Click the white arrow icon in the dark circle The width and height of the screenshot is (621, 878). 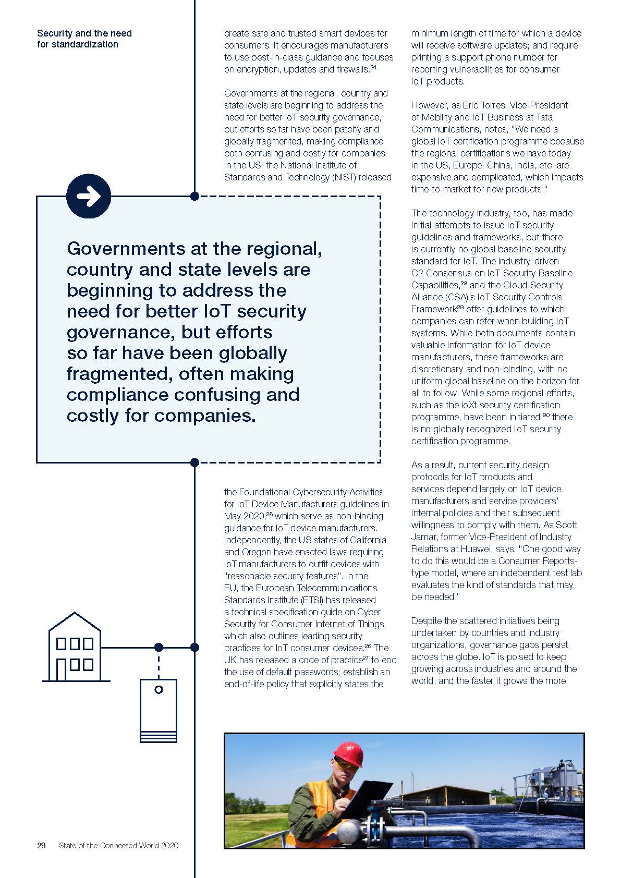(x=89, y=197)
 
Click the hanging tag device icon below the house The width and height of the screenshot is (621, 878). (x=159, y=710)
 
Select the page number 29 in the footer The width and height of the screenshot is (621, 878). (x=41, y=845)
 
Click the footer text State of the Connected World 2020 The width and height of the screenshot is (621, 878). (x=118, y=845)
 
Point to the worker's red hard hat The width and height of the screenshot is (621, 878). (x=348, y=754)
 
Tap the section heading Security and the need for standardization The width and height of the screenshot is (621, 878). (x=84, y=39)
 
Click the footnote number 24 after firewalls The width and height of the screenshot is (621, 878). (x=373, y=67)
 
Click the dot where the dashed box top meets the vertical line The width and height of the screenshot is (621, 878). (x=194, y=197)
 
